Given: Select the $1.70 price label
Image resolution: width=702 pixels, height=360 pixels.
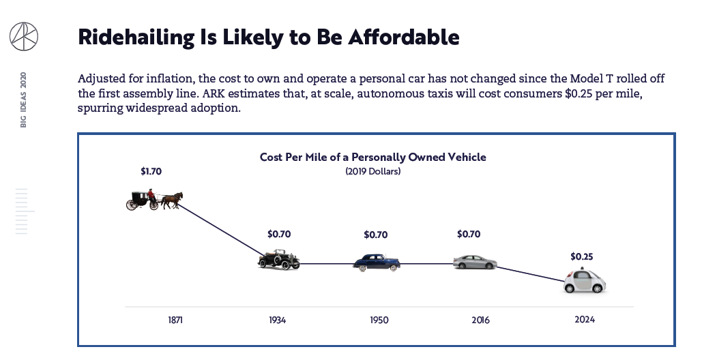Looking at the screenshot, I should [x=151, y=172].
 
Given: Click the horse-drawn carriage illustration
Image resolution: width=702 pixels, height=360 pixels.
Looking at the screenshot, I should [x=154, y=198].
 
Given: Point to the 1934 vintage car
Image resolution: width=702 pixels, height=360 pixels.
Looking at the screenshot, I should [x=278, y=260].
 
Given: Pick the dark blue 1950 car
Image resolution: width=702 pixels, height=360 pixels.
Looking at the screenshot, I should [x=377, y=262].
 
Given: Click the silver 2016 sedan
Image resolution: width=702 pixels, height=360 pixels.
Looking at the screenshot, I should [x=475, y=262].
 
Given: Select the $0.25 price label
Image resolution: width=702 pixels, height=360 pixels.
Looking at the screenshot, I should [x=582, y=257].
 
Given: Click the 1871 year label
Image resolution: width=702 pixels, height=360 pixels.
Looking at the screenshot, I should [x=175, y=320].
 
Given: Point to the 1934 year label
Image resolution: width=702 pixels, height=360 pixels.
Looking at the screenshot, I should [x=277, y=320].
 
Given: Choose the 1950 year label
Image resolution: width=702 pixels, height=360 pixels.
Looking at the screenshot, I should [x=379, y=320].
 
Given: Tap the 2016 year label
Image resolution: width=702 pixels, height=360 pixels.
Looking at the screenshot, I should [x=480, y=320].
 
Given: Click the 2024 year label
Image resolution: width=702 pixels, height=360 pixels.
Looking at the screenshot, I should [x=585, y=319].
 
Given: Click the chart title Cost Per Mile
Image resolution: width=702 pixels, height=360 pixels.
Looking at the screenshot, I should [x=372, y=157].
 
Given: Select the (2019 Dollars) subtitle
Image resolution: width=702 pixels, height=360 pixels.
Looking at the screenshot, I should [x=372, y=172].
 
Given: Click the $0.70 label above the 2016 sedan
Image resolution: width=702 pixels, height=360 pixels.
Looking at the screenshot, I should [x=469, y=235].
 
